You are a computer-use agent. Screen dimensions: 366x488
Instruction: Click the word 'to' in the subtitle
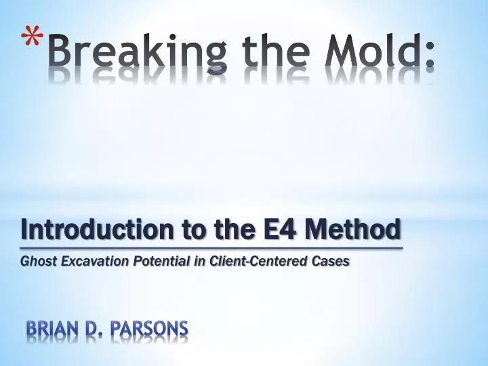pos(185,231)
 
